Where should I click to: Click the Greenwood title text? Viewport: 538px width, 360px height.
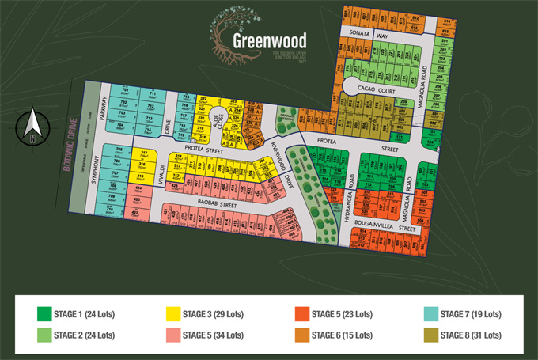tap(270, 39)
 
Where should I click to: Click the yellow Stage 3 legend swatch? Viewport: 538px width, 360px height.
tap(172, 313)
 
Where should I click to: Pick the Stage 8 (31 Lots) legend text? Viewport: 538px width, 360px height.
tap(471, 335)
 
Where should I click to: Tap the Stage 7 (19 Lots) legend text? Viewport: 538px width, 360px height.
tap(471, 313)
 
